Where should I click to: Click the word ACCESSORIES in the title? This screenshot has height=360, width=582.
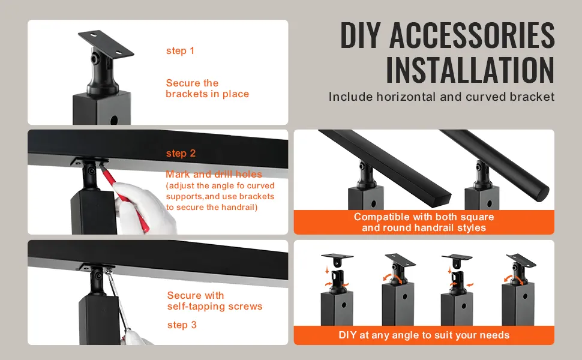point(472,35)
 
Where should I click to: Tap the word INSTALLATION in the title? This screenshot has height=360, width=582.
point(470,70)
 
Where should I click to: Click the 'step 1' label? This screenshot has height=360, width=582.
point(181,51)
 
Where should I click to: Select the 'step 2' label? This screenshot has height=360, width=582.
point(181,153)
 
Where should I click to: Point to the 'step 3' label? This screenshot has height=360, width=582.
point(182,325)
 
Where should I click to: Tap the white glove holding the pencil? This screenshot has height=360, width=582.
point(145,209)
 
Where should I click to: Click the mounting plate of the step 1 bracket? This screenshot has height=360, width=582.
point(106,43)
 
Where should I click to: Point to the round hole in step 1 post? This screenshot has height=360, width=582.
point(114,120)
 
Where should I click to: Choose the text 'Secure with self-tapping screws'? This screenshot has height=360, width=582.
point(215,301)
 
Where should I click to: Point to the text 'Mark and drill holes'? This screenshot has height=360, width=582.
point(214,174)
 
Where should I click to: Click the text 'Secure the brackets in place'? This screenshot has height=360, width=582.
point(207,88)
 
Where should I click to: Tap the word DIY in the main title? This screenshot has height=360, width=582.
point(361,35)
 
